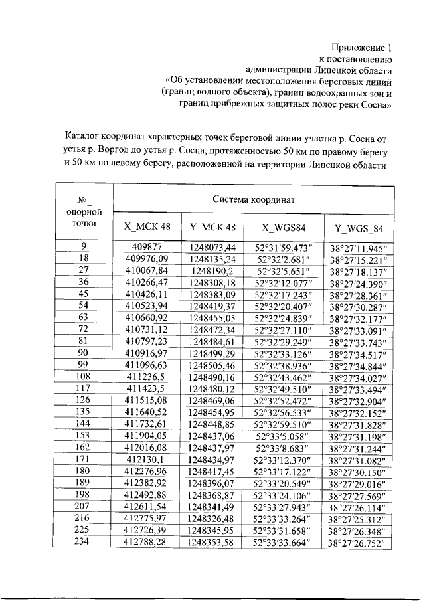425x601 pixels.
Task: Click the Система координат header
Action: [254, 199]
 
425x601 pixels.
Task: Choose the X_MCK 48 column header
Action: [147, 227]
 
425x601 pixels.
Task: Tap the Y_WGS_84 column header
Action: [358, 228]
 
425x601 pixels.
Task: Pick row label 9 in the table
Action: [84, 246]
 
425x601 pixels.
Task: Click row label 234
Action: [84, 542]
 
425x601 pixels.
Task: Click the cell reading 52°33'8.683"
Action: [284, 448]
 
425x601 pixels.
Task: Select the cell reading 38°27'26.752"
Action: [358, 543]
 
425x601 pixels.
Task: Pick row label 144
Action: [84, 424]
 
